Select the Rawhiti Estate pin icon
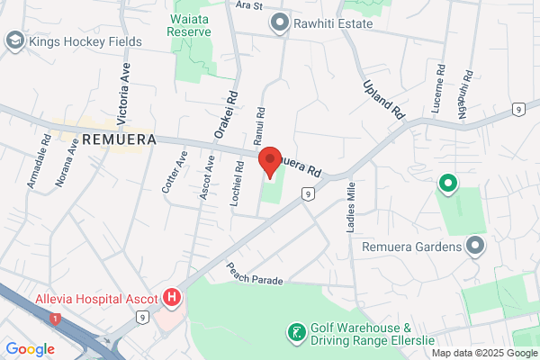click(279, 22)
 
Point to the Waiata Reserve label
click(190, 23)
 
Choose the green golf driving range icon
click(294, 333)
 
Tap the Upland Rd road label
click(384, 99)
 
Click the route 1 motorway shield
click(56, 319)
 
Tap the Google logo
click(31, 349)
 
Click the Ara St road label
click(247, 5)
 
